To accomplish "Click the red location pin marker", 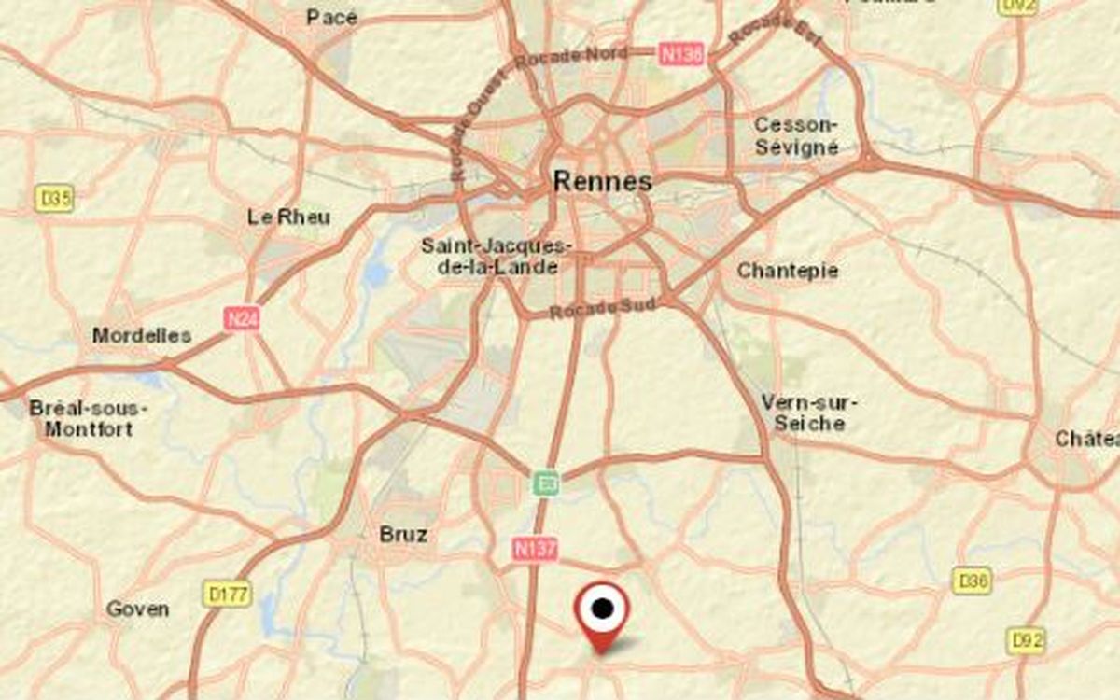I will point(603,611).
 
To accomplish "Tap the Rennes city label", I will point(602,180).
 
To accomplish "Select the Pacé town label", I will point(332,17).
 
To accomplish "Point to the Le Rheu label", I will point(288,217).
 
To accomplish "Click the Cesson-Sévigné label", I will point(796,136).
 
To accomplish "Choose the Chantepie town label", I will point(788,271).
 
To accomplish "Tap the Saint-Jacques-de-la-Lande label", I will point(495,256).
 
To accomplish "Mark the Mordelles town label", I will point(142,335).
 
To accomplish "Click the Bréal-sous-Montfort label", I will point(89,419).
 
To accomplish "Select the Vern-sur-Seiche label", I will point(809,413).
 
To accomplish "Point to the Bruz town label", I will point(403,535).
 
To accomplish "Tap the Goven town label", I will point(138,609).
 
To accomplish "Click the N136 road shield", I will point(680,54).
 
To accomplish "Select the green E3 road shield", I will point(547,483).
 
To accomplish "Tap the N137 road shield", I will point(534,550).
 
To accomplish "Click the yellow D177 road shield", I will point(227,593).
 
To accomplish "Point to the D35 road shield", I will point(55,198).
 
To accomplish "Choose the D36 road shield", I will point(972,581).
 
